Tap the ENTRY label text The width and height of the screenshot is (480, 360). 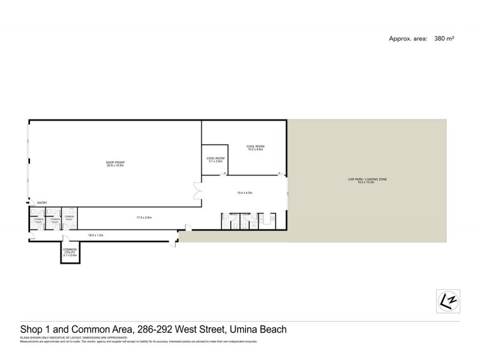42,203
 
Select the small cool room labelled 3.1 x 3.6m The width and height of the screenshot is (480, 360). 215,160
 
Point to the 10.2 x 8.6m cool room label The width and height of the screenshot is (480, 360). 255,148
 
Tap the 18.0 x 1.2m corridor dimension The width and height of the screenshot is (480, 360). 97,236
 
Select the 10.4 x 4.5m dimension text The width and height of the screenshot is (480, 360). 245,193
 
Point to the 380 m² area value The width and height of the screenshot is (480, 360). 445,38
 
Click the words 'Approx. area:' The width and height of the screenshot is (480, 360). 409,38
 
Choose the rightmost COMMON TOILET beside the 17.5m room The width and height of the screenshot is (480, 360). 70,219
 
